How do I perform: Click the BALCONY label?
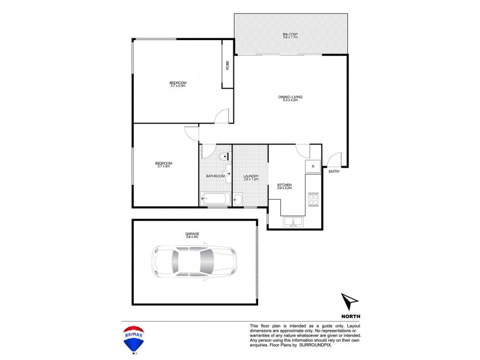click(290, 34)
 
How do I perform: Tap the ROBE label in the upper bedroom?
click(228, 65)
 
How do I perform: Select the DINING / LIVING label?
click(289, 97)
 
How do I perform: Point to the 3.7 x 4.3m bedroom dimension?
click(178, 86)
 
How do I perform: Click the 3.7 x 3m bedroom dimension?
click(164, 166)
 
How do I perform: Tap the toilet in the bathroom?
click(223, 157)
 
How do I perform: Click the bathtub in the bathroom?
click(213, 199)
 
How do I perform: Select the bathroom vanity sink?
click(229, 173)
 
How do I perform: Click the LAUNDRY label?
click(251, 176)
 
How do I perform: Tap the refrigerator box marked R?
click(313, 166)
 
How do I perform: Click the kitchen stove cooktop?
click(313, 199)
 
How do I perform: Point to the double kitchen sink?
click(294, 221)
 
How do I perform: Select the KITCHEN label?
click(284, 185)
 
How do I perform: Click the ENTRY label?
click(334, 172)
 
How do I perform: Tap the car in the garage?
click(193, 261)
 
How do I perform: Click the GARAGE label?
click(192, 234)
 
